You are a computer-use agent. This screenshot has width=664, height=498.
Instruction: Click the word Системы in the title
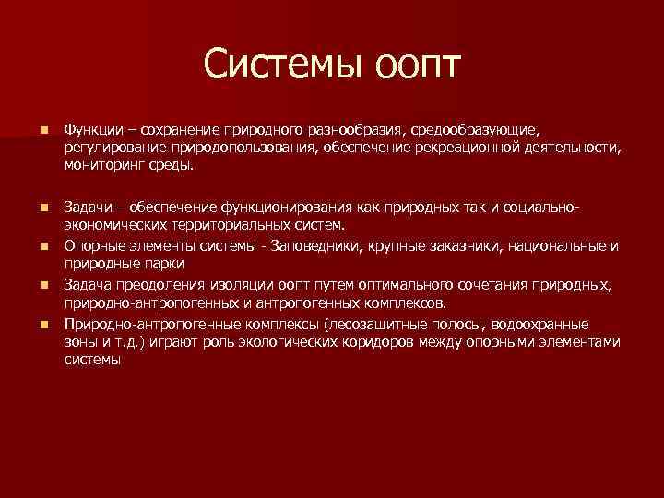(283, 65)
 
